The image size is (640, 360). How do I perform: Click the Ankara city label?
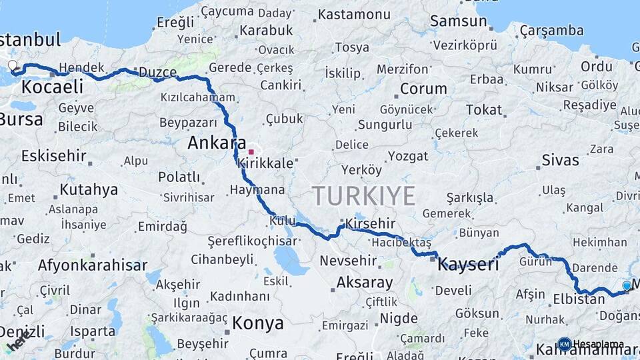pos(217,143)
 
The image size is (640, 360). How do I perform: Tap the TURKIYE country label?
pos(364,196)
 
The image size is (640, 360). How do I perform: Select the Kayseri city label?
pos(469,264)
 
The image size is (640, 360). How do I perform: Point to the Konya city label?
pos(258,324)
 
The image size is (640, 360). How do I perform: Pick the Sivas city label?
pos(561,160)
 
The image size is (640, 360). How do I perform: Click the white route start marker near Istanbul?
pos(12,65)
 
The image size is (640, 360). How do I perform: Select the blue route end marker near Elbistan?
pos(627,285)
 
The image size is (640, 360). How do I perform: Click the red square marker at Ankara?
pos(251,152)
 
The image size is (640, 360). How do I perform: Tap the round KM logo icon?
pos(564,344)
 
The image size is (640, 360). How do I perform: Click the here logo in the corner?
pos(18,342)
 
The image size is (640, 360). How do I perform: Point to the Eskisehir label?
pos(54,156)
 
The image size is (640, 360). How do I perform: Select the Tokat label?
pos(484,110)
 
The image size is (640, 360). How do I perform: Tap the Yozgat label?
pos(408,156)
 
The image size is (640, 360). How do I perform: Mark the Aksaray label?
pos(365,282)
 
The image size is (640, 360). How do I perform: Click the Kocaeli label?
pos(52,86)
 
